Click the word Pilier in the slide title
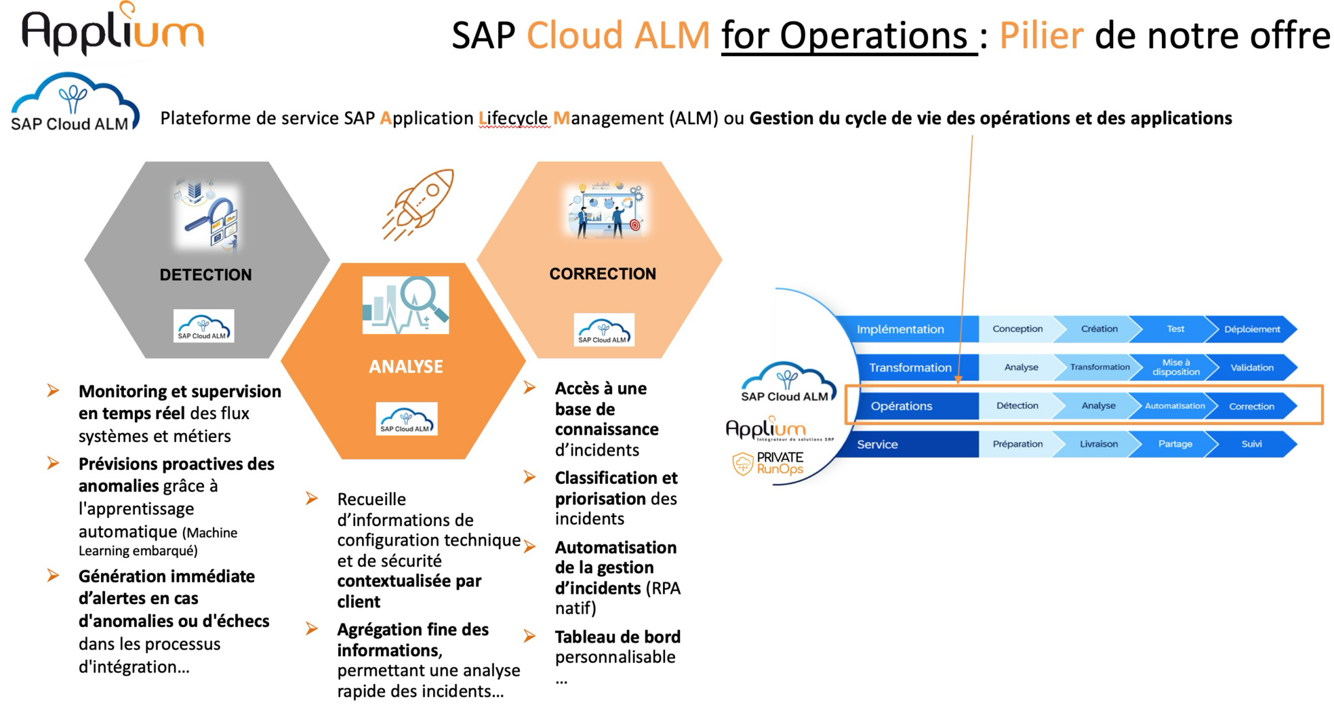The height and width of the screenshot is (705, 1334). pos(1041,35)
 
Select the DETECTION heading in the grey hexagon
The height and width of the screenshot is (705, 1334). pos(206,275)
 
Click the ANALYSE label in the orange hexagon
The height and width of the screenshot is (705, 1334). pos(406,366)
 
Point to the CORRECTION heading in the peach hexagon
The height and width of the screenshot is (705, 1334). pos(603,274)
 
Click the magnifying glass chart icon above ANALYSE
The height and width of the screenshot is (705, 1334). pos(406,305)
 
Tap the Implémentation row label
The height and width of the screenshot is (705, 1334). pos(900,329)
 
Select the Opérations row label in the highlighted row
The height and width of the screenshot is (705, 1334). pos(901,406)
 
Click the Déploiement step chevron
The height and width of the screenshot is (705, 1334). pos(1251,329)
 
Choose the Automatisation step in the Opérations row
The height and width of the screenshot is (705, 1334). pos(1174,406)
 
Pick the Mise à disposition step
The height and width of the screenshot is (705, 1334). pos(1175,367)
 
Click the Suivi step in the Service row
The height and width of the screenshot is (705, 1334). pos(1251,444)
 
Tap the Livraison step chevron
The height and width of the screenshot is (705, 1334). pos(1098,444)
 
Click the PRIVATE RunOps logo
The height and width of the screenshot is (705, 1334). pos(769,463)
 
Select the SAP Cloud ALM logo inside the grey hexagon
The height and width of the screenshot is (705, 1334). pos(204,326)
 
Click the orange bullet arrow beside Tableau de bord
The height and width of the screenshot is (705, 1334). pos(530,636)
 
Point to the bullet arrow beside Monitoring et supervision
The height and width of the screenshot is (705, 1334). pos(53,391)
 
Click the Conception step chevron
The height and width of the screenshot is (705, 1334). pos(1017,329)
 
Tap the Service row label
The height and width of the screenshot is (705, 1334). pos(877,445)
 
